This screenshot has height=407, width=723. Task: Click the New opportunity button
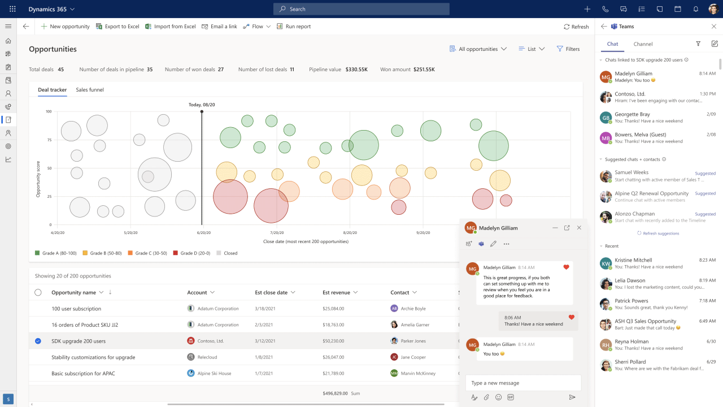click(x=65, y=27)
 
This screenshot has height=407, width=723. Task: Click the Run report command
click(x=293, y=27)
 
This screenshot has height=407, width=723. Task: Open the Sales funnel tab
click(x=90, y=90)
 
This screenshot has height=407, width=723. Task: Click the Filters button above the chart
click(x=568, y=49)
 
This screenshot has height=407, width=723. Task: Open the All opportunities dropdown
click(x=478, y=49)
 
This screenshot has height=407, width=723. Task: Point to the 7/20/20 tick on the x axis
click(x=277, y=232)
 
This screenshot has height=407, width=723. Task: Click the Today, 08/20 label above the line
click(x=202, y=105)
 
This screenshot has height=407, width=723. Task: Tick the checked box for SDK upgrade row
click(x=38, y=341)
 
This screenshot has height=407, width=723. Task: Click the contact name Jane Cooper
click(x=413, y=357)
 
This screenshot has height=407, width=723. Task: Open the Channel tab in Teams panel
click(x=643, y=44)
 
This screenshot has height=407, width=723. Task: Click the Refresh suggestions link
click(x=660, y=233)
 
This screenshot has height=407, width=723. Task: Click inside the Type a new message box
click(x=522, y=383)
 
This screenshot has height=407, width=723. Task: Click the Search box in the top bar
click(x=361, y=9)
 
